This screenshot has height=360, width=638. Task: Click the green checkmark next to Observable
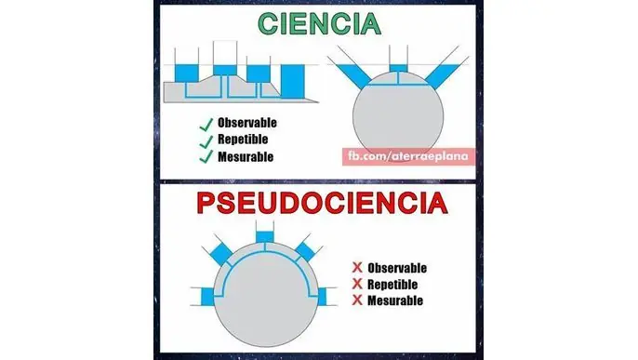tap(204, 124)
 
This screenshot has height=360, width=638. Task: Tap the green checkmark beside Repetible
tap(204, 140)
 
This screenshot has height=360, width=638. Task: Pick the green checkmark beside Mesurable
tap(204, 157)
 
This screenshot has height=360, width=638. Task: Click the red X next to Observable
tap(357, 267)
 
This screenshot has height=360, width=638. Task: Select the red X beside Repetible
tap(357, 284)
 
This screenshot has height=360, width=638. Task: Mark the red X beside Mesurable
tap(357, 300)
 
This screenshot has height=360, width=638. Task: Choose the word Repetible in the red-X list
tap(393, 284)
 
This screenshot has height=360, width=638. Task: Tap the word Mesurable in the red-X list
tap(395, 300)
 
